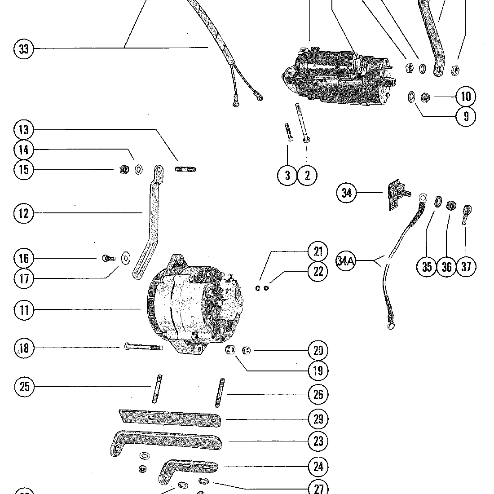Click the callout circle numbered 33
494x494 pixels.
tap(24, 48)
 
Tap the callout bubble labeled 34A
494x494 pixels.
tap(345, 261)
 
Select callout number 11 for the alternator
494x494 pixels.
tap(24, 310)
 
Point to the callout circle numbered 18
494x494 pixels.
tap(24, 348)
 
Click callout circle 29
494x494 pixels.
tap(318, 419)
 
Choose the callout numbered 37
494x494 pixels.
tap(466, 267)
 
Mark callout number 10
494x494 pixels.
tap(466, 96)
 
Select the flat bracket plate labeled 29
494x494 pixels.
tap(171, 418)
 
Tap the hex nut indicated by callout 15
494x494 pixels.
tap(124, 169)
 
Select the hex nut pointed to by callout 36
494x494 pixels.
tap(451, 206)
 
